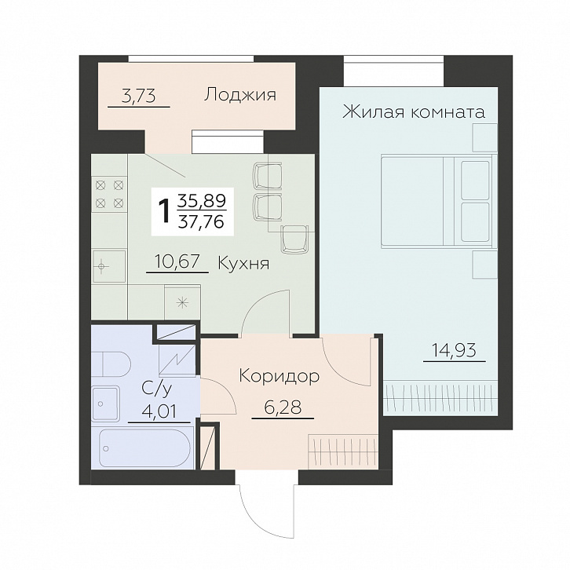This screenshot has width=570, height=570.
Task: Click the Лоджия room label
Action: click(x=240, y=95)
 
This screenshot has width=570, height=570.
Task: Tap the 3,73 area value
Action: click(x=138, y=97)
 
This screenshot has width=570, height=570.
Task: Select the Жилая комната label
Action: click(x=414, y=111)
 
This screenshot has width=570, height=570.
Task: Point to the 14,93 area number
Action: click(x=454, y=351)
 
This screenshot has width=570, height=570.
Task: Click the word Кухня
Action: click(x=243, y=263)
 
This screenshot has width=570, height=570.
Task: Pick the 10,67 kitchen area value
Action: click(x=177, y=261)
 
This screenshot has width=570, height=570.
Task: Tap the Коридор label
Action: click(x=280, y=377)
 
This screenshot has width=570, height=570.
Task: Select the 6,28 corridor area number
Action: click(x=283, y=407)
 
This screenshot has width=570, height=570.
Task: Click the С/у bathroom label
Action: click(x=156, y=389)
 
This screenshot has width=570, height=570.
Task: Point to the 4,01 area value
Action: click(x=159, y=412)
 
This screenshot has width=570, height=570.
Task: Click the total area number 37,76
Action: click(x=201, y=221)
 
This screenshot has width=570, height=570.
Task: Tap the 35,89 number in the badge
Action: click(x=202, y=200)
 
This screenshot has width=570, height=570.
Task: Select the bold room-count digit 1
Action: click(x=165, y=211)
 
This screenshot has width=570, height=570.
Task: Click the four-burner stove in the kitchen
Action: click(x=109, y=195)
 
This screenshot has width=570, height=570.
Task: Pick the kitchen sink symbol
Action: click(x=109, y=266)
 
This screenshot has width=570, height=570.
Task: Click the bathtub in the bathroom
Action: click(x=142, y=448)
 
